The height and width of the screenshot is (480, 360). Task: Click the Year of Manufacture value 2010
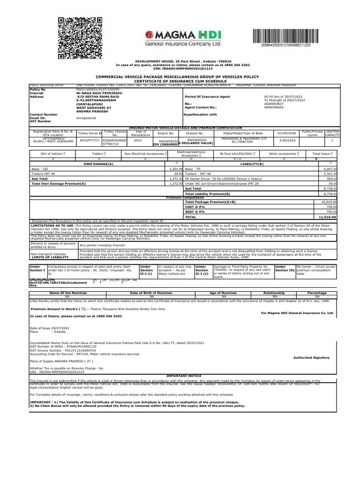(137, 140)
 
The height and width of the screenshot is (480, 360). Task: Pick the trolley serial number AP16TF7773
(89, 140)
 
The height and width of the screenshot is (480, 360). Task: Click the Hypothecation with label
(201, 114)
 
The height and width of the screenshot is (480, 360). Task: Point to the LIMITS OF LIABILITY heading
(47, 258)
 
